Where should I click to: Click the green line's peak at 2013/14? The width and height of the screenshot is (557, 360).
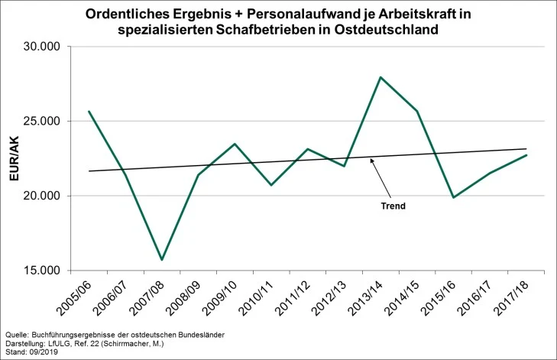(x=381, y=77)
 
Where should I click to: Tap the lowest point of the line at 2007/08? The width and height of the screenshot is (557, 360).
(x=162, y=260)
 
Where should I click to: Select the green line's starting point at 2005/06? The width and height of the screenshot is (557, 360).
(x=89, y=112)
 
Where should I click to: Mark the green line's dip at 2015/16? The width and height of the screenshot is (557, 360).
(x=453, y=197)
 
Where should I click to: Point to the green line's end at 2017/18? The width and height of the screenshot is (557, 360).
(x=526, y=155)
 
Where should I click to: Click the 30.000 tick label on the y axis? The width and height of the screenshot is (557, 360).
(x=42, y=47)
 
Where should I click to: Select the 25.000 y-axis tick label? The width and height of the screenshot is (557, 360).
(x=42, y=122)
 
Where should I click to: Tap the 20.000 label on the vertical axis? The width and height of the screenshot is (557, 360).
(x=42, y=196)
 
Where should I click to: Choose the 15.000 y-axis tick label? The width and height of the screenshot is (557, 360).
(x=42, y=271)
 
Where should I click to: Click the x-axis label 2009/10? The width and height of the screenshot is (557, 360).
(x=220, y=298)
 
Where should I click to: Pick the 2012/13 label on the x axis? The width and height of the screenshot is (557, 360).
(x=329, y=298)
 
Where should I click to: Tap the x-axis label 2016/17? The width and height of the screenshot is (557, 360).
(x=474, y=298)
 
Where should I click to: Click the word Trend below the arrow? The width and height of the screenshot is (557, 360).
(x=393, y=206)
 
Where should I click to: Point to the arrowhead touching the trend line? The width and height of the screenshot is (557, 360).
(x=371, y=160)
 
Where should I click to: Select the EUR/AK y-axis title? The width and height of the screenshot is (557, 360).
(x=14, y=158)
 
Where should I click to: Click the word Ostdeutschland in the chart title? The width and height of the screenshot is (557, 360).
(x=386, y=29)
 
